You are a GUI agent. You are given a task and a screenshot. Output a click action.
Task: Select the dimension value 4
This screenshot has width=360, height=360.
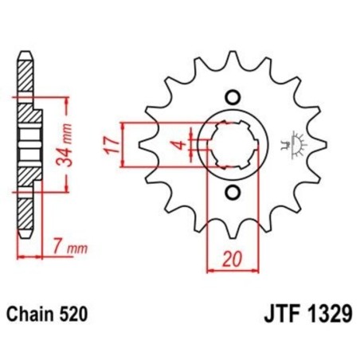tap(182, 145)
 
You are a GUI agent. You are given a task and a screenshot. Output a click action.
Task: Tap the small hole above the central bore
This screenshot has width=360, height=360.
tap(233, 97)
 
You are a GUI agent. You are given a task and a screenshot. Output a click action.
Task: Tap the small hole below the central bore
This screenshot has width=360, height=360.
tap(233, 194)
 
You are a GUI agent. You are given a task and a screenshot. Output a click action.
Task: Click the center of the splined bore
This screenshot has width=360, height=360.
tap(232, 146)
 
